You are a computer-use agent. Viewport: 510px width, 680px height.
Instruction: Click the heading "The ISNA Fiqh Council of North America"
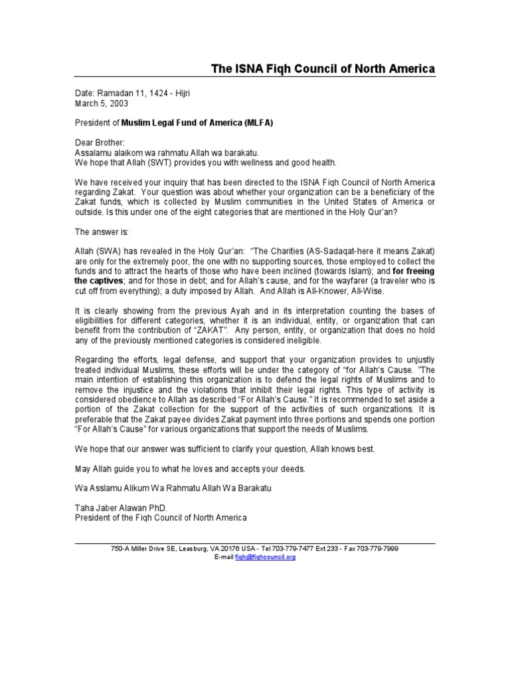click(323, 69)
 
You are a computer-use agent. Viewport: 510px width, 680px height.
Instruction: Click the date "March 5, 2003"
click(102, 104)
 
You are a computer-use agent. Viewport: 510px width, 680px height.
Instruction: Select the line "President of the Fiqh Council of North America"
click(160, 518)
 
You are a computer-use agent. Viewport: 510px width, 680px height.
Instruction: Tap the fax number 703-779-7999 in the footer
click(378, 549)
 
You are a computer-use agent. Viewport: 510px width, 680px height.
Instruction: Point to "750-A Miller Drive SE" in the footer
click(144, 549)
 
